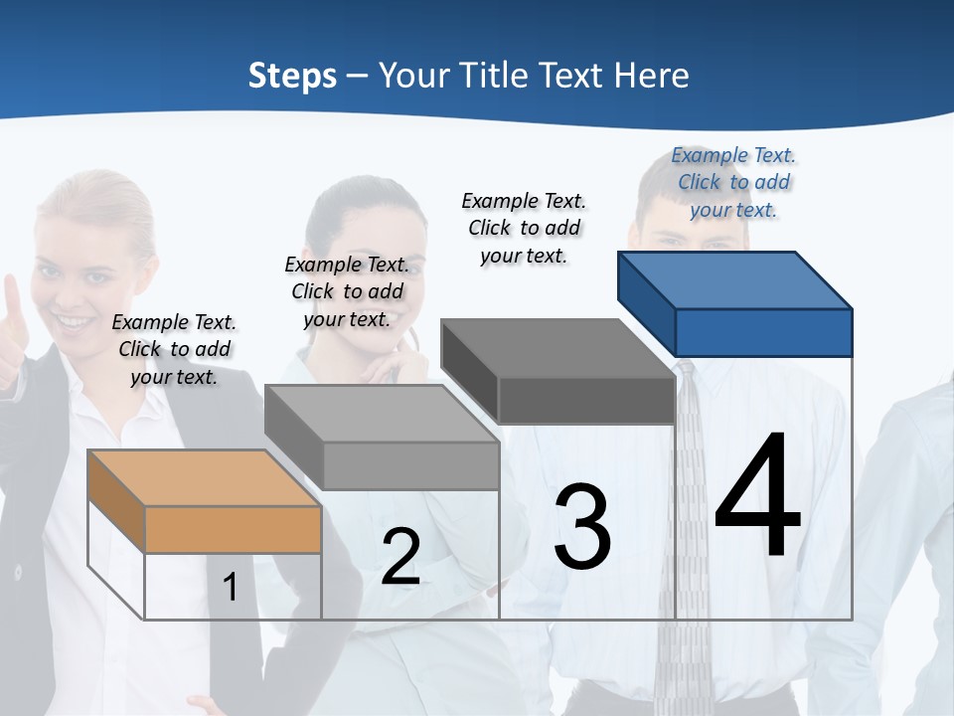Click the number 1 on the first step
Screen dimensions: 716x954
(x=231, y=588)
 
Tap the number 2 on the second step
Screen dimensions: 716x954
(x=400, y=557)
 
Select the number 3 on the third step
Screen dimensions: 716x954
(x=582, y=526)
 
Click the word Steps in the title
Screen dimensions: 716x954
(x=292, y=76)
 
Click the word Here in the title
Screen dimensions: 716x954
(x=652, y=76)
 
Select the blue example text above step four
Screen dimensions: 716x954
(x=733, y=182)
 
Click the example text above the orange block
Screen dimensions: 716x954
(x=174, y=349)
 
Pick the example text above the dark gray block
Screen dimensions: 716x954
(x=524, y=228)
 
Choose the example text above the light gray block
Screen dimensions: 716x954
(x=347, y=291)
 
